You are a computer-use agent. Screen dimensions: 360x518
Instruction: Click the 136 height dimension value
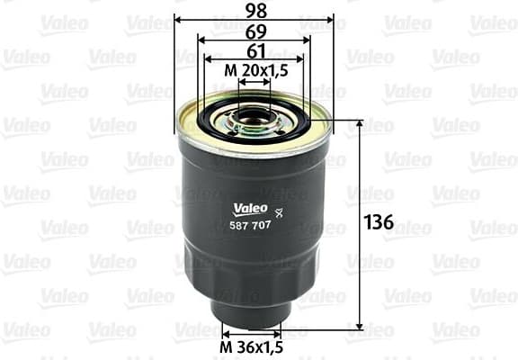[x=380, y=222]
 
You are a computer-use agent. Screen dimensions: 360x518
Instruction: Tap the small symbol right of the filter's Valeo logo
[x=278, y=211]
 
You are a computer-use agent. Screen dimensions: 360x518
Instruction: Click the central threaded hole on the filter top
[x=255, y=114]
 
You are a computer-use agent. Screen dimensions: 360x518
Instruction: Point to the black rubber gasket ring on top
[x=220, y=121]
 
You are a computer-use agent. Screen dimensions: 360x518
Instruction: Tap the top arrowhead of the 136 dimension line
[x=361, y=123]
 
